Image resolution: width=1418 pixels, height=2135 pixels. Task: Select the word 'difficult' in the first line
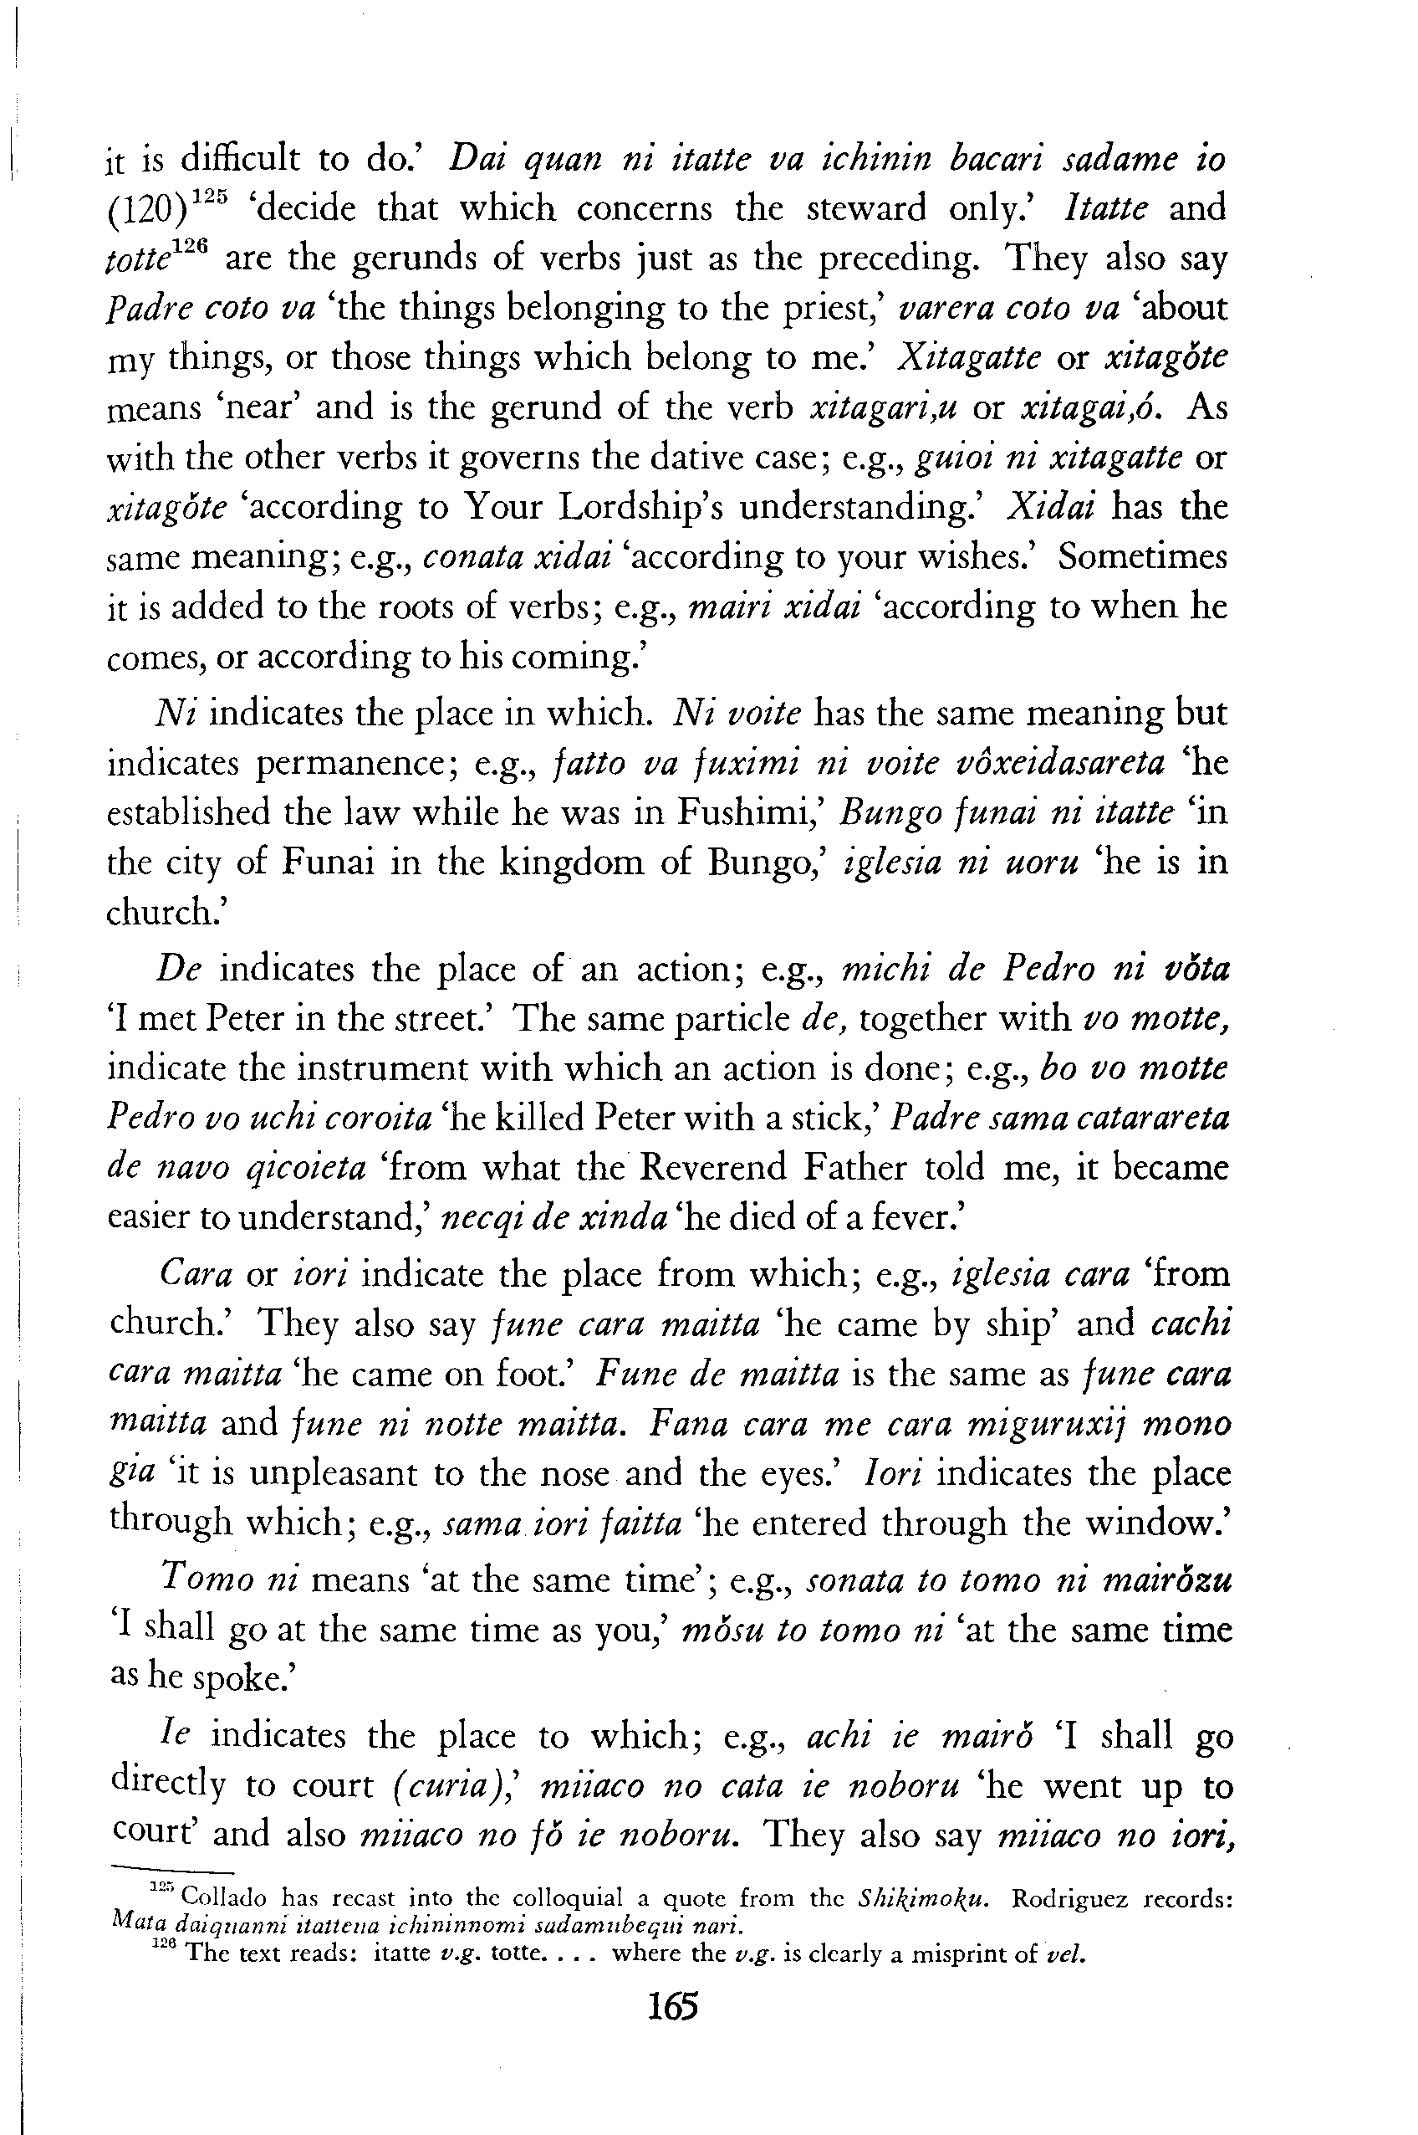pyautogui.click(x=241, y=160)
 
